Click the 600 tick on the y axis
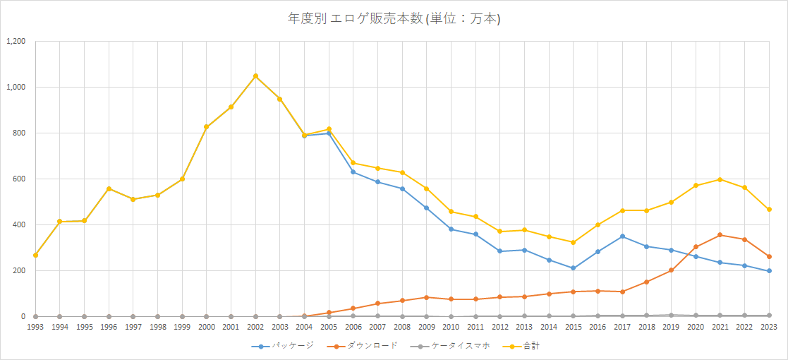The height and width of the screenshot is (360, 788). (x=18, y=179)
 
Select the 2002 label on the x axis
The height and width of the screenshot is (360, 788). (x=255, y=327)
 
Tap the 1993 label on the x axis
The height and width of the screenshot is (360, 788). (x=35, y=327)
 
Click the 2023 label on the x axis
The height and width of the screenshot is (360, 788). (x=769, y=327)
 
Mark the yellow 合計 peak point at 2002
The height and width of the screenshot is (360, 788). (x=255, y=76)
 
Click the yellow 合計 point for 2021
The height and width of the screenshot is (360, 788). (x=720, y=179)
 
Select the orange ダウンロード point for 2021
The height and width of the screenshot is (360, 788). (x=720, y=235)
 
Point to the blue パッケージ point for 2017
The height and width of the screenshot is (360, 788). (x=622, y=236)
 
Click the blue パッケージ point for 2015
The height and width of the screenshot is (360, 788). (x=573, y=268)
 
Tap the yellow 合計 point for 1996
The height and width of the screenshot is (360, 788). (x=109, y=188)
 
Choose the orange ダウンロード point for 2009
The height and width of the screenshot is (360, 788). (x=426, y=297)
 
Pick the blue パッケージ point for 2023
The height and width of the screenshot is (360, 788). (x=769, y=271)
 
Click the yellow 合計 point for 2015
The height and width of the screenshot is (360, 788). (x=573, y=242)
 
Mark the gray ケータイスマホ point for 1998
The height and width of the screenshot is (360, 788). (x=157, y=316)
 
